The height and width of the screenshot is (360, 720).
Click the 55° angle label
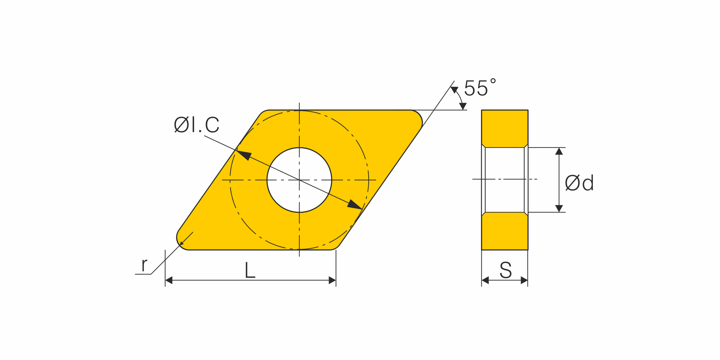(480, 88)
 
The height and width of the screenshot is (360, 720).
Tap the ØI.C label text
(197, 125)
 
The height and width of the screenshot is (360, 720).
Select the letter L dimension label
(250, 270)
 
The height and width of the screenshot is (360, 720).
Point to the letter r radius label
(144, 265)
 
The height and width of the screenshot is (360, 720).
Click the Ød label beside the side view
(579, 183)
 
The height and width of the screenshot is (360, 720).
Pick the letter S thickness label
(505, 270)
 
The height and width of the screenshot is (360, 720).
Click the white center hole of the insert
(299, 180)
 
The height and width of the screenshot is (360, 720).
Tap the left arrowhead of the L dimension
(169, 280)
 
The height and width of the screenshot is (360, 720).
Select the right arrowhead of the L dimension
(332, 280)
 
